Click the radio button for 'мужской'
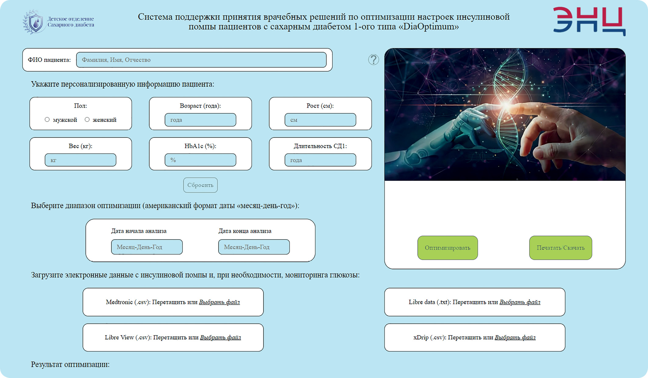[x=47, y=119]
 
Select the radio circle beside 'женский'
[x=87, y=119]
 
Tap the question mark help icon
[x=373, y=59]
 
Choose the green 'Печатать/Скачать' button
[x=561, y=248]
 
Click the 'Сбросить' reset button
[x=200, y=185]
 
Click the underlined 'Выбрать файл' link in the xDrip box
[x=515, y=337]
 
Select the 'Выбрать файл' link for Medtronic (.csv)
[x=219, y=302]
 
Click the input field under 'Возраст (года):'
[x=200, y=120]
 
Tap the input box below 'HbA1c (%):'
[x=200, y=160]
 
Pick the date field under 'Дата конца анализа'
[x=254, y=247]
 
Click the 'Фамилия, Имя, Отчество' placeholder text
[x=116, y=60]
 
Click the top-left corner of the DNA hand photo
[x=385, y=48]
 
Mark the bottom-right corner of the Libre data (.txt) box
[x=565, y=316]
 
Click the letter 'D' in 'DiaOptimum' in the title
[x=406, y=27]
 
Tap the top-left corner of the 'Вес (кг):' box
[x=30, y=138]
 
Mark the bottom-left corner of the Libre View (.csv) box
[x=83, y=351]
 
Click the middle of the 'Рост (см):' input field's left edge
[x=285, y=120]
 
